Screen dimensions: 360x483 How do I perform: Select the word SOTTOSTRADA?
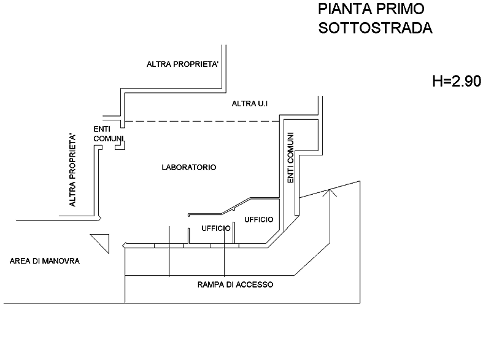375,28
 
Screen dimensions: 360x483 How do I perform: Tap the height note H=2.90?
457,81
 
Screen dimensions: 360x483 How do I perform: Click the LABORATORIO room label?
188,167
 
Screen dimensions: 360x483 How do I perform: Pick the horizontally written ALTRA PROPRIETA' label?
182,64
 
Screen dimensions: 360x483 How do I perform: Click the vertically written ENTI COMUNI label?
291,158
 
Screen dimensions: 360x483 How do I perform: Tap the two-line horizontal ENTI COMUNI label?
109,134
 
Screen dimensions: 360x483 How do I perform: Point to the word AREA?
20,261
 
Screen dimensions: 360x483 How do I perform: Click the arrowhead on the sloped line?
332,193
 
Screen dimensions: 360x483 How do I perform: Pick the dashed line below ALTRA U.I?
203,121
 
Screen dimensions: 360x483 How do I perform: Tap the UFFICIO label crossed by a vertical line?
216,228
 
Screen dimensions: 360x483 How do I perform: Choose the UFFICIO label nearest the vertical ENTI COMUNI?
258,219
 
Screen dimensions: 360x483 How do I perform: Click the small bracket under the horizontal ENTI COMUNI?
123,146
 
